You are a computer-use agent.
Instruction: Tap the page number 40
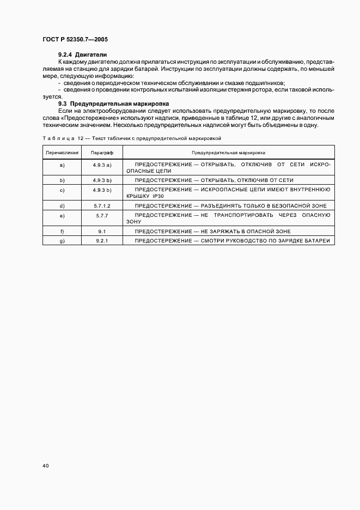(x=45, y=466)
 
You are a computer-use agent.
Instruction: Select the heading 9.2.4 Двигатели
(x=83, y=55)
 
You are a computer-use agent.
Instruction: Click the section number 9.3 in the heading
(x=63, y=103)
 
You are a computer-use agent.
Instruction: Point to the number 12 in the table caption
(x=81, y=138)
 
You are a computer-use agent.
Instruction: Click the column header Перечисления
(x=62, y=154)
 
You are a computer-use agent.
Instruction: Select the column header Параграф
(x=102, y=154)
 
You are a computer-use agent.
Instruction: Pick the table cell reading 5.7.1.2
(x=102, y=206)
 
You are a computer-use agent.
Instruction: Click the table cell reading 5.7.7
(x=102, y=216)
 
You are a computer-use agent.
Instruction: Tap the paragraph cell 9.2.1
(x=102, y=240)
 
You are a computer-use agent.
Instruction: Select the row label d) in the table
(x=62, y=206)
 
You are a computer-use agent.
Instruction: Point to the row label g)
(x=62, y=240)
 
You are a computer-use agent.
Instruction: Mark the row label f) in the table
(x=62, y=231)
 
